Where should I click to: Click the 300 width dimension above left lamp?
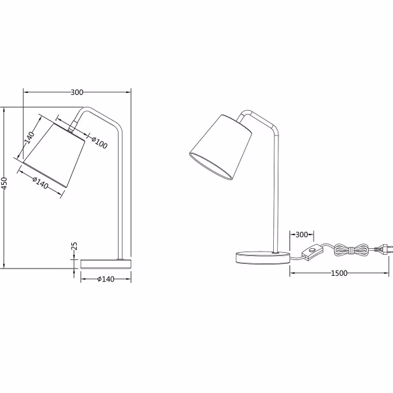pyautogui.click(x=77, y=92)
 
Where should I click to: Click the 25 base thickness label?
pyautogui.click(x=74, y=247)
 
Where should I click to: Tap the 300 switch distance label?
pyautogui.click(x=301, y=234)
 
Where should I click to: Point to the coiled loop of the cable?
pyautogui.click(x=350, y=249)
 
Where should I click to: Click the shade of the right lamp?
pyautogui.click(x=221, y=147)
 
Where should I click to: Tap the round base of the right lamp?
pyautogui.click(x=259, y=255)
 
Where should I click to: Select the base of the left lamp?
pyautogui.click(x=105, y=264)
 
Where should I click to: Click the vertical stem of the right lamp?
pyautogui.click(x=275, y=196)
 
